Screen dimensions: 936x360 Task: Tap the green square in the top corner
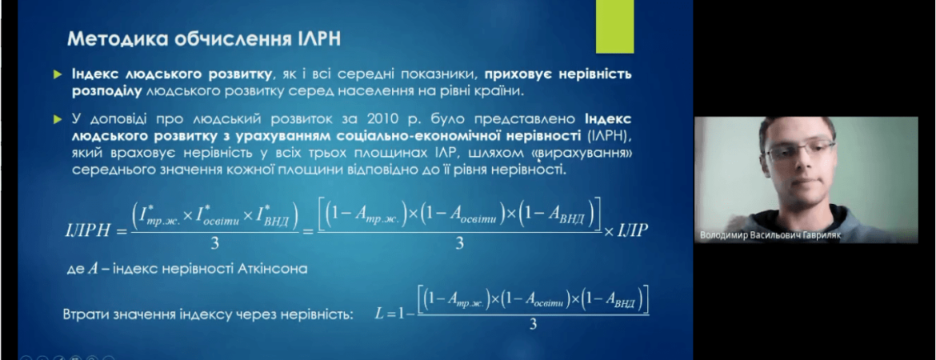616,27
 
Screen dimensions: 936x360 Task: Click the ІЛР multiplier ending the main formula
630,230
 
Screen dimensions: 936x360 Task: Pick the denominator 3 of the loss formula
533,326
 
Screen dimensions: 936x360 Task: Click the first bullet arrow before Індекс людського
58,74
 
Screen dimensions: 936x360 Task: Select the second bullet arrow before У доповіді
58,119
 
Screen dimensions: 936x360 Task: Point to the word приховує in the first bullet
519,74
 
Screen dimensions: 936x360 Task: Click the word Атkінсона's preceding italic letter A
92,268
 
